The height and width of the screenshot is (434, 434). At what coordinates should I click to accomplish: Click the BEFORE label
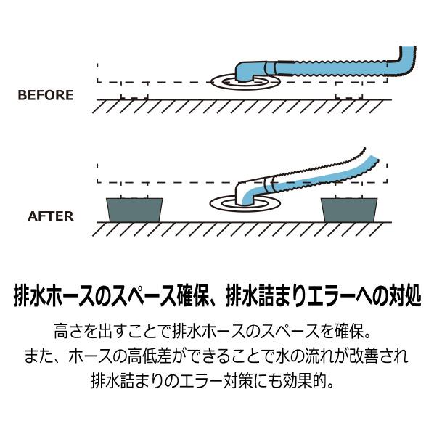(x=46, y=95)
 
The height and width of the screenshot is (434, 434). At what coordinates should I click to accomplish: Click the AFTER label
(x=51, y=216)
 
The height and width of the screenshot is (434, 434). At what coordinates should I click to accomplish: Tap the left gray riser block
(x=134, y=210)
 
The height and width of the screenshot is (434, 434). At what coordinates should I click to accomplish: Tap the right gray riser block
(x=349, y=210)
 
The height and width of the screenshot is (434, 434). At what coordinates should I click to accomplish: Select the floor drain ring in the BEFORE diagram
(x=245, y=88)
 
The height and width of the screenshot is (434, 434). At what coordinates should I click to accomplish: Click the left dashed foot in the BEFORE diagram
(x=134, y=91)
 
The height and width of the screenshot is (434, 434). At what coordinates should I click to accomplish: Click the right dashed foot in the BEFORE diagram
(x=349, y=91)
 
